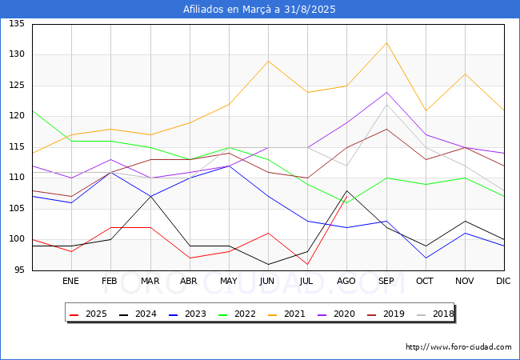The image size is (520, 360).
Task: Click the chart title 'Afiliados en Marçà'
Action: click(x=259, y=10)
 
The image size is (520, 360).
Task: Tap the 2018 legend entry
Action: click(x=434, y=314)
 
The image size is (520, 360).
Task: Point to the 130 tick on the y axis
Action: click(x=17, y=54)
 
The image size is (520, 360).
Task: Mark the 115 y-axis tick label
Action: click(x=17, y=147)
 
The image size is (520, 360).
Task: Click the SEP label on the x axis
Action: click(x=387, y=282)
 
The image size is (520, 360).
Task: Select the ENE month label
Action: click(x=70, y=282)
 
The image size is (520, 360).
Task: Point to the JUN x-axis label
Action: click(x=268, y=282)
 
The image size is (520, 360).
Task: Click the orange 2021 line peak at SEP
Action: click(x=387, y=42)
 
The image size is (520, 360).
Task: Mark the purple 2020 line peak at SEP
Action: click(x=387, y=92)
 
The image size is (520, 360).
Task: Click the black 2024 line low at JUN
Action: click(x=268, y=264)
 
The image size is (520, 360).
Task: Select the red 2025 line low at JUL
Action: click(x=307, y=264)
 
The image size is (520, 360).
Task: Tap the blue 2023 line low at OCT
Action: click(x=426, y=258)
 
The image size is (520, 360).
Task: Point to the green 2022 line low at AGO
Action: click(x=346, y=202)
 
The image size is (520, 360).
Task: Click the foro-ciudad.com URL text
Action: click(x=458, y=347)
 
